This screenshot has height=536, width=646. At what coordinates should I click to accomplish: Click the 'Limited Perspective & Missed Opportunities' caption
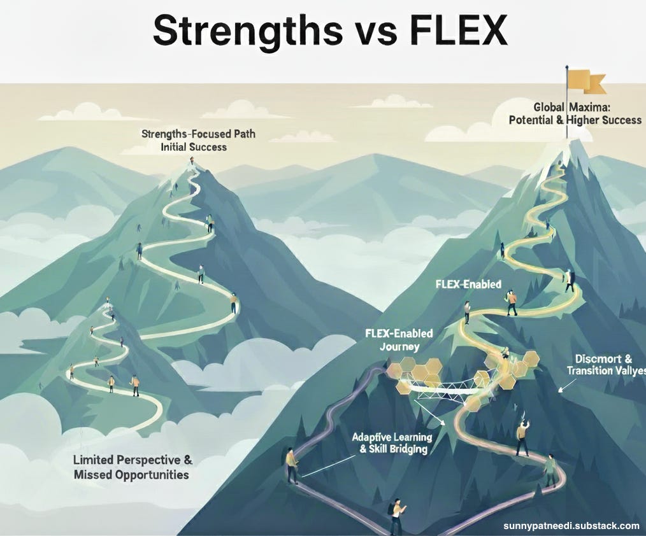[x=132, y=467]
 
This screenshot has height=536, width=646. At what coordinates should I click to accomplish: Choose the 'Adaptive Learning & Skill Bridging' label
[x=392, y=442]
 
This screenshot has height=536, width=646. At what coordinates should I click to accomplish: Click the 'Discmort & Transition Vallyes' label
[x=606, y=364]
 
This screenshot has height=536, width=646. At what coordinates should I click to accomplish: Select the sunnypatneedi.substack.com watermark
[x=571, y=525]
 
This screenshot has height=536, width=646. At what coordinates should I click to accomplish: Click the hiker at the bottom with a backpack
[x=397, y=514]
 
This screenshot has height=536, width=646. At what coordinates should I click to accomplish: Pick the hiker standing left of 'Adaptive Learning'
[x=291, y=464]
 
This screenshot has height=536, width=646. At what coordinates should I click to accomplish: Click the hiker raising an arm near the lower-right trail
[x=522, y=437]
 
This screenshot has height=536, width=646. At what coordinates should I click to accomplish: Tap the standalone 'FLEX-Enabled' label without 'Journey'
[x=468, y=285]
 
